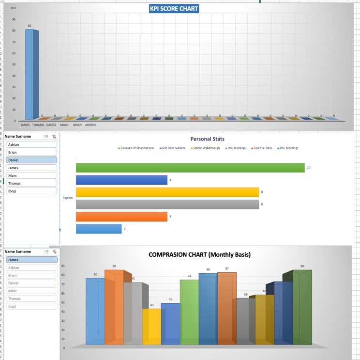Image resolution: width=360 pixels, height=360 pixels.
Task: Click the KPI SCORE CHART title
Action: pyautogui.click(x=174, y=9)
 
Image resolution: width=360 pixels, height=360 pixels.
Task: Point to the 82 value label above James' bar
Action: pyautogui.click(x=30, y=26)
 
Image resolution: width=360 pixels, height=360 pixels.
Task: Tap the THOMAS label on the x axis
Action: pyautogui.click(x=38, y=125)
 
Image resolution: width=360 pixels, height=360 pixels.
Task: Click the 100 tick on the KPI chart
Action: pyautogui.click(x=13, y=8)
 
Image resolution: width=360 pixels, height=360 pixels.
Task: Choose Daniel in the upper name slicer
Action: pyautogui.click(x=31, y=160)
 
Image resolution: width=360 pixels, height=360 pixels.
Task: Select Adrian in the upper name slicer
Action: pyautogui.click(x=31, y=144)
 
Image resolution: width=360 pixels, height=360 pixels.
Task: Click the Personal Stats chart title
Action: pyautogui.click(x=207, y=139)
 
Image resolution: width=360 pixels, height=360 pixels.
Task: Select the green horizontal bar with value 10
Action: pyautogui.click(x=190, y=167)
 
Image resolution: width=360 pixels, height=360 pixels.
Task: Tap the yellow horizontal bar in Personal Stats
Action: pyautogui.click(x=167, y=192)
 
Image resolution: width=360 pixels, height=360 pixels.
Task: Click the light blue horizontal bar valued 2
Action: pyautogui.click(x=99, y=229)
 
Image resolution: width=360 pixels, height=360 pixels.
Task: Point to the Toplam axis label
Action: pyautogui.click(x=68, y=198)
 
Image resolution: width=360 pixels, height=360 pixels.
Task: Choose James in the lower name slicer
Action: pyautogui.click(x=31, y=260)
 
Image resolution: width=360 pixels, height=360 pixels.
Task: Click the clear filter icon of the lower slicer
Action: pyautogui.click(x=54, y=251)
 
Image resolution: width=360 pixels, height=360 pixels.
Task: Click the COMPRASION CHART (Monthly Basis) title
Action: pyautogui.click(x=199, y=254)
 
